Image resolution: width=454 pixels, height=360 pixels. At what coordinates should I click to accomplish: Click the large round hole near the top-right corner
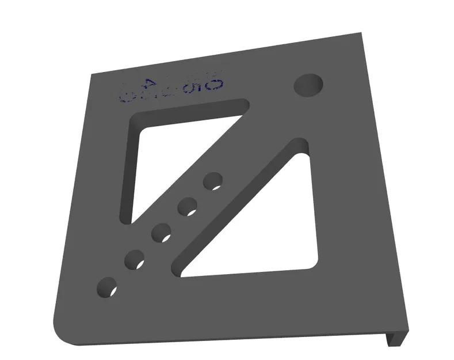pyautogui.click(x=308, y=85)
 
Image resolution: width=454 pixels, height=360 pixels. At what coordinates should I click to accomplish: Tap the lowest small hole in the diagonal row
pyautogui.click(x=107, y=287)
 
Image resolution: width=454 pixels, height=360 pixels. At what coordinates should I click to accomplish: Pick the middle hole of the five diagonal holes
pyautogui.click(x=161, y=233)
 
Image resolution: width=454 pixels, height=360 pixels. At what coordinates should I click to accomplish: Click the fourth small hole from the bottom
pyautogui.click(x=188, y=206)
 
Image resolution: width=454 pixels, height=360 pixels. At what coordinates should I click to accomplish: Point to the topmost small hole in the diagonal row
pyautogui.click(x=213, y=181)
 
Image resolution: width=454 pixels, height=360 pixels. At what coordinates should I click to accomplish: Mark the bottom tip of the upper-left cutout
pyautogui.click(x=128, y=219)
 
